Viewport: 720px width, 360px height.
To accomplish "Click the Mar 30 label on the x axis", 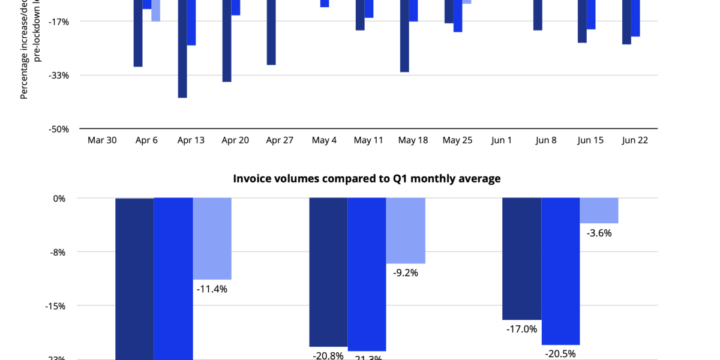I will point(102,140).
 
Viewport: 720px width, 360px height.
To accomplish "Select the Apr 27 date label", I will point(280,140).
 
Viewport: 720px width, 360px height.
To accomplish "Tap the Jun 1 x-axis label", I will point(502,140).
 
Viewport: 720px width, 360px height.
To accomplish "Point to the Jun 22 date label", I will point(635,140).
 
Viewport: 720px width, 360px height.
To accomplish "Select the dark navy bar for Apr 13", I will point(182,48).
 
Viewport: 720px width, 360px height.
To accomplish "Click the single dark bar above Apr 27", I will point(271,32).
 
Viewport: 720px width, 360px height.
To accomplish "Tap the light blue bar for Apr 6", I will point(155,11).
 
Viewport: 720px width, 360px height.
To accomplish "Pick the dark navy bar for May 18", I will point(404,36).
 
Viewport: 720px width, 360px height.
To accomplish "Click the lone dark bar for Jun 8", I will point(538,15).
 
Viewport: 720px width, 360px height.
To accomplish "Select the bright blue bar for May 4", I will point(325,4).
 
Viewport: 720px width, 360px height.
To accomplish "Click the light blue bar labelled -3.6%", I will point(599,211).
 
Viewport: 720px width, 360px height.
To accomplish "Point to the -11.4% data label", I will point(212,289).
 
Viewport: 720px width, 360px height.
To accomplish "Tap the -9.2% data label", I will point(406,272).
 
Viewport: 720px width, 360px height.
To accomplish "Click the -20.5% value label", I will point(560,353).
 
